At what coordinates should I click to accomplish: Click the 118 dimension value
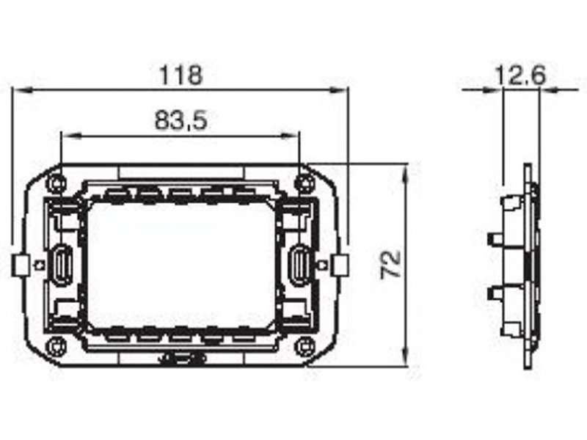[x=181, y=75]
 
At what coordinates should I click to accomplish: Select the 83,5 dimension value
[x=181, y=120]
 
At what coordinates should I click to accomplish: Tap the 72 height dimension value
[x=390, y=265]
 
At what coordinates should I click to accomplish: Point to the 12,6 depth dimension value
[x=520, y=76]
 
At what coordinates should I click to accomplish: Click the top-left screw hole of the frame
[x=56, y=183]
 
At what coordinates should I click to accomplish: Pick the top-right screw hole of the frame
[x=305, y=183]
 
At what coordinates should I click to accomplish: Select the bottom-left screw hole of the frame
[x=56, y=346]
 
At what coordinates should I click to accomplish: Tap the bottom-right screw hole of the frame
[x=305, y=346]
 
